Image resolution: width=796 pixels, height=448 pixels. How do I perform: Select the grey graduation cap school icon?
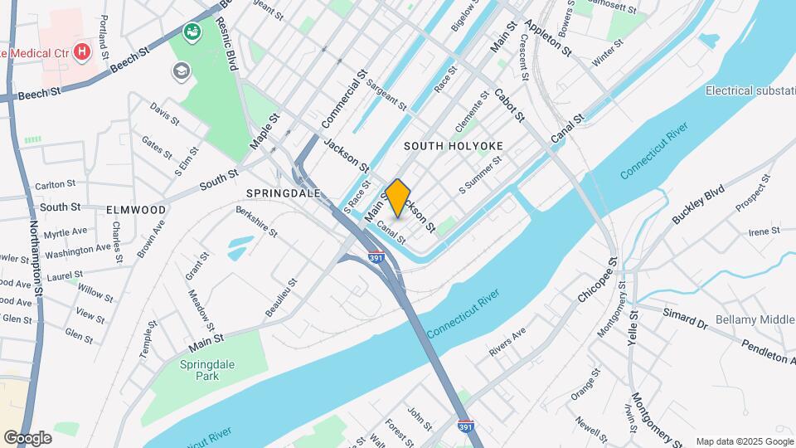(181, 71)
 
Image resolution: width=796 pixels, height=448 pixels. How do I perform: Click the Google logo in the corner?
(27, 437)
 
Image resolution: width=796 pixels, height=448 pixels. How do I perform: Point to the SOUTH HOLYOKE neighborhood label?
(454, 145)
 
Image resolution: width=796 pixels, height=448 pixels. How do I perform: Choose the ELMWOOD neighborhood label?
(136, 210)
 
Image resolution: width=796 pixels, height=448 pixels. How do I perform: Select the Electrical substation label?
(750, 90)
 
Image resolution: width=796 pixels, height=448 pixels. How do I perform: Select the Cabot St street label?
(509, 105)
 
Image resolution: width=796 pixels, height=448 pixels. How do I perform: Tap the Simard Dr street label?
(684, 319)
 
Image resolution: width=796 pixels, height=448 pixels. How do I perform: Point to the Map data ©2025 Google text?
(743, 441)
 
